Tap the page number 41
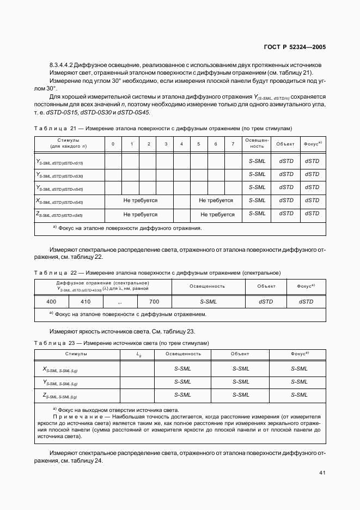pyautogui.click(x=322, y=472)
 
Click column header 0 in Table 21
pyautogui.click(x=113, y=144)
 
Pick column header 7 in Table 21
pyautogui.click(x=233, y=144)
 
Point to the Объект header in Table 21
pyautogui.click(x=285, y=144)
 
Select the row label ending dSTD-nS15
pyautogui.click(x=59, y=162)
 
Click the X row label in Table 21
pyautogui.click(x=59, y=201)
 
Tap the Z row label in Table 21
pyautogui.click(x=59, y=215)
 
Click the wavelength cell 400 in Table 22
pyautogui.click(x=51, y=301)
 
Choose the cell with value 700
pyautogui.click(x=154, y=301)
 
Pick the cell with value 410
pyautogui.click(x=86, y=301)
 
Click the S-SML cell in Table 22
pyautogui.click(x=208, y=301)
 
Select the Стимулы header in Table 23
pyautogui.click(x=76, y=354)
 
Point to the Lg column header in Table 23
pyautogui.click(x=138, y=354)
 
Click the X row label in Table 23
pyautogui.click(x=59, y=369)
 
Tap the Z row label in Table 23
pyautogui.click(x=59, y=396)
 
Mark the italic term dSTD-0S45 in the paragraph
pyautogui.click(x=133, y=113)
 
